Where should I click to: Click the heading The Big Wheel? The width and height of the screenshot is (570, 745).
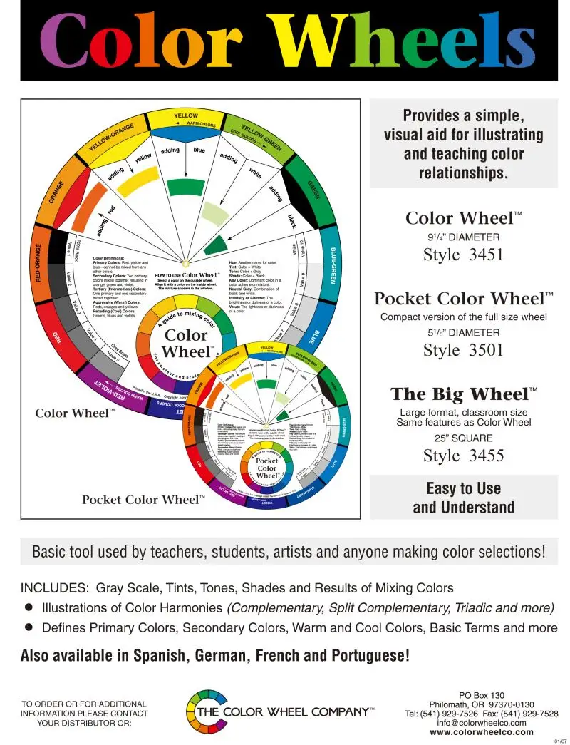[x=464, y=394]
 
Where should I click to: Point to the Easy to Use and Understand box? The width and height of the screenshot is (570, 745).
[x=463, y=498]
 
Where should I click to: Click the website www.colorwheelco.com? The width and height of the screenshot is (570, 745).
[x=482, y=731]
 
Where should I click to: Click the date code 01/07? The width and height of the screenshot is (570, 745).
[x=560, y=741]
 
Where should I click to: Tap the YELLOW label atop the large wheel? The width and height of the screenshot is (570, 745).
[x=186, y=115]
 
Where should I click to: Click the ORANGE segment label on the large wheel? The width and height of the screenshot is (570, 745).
[x=57, y=192]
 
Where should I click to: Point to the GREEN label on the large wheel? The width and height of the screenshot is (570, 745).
[x=313, y=189]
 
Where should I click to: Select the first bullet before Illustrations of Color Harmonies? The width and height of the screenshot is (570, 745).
[x=29, y=607]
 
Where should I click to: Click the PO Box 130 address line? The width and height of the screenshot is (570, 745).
[x=482, y=695]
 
